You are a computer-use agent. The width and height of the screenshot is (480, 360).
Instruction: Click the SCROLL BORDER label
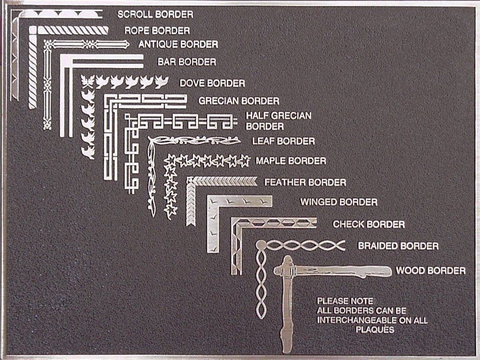click(x=155, y=15)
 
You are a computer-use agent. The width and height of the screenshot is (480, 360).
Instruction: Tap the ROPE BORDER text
click(x=157, y=31)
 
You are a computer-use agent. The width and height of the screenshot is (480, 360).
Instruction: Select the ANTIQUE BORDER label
click(x=178, y=44)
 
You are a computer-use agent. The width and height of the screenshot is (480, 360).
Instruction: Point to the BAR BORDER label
click(x=186, y=62)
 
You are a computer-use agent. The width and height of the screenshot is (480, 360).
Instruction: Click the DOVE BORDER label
click(x=212, y=83)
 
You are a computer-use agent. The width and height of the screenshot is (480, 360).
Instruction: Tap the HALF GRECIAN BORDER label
click(x=279, y=121)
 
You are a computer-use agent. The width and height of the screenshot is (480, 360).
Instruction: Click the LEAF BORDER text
click(x=283, y=141)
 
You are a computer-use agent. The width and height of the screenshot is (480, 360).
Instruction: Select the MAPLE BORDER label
click(x=291, y=161)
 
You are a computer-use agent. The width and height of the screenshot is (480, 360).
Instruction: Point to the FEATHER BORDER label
click(x=305, y=183)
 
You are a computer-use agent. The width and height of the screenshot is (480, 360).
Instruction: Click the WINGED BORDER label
click(x=338, y=202)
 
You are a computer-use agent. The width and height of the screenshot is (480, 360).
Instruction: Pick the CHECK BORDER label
click(x=368, y=224)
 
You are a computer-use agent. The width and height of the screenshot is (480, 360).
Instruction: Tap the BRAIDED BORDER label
click(x=398, y=246)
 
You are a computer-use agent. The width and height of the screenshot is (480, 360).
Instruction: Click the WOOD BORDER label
click(x=431, y=271)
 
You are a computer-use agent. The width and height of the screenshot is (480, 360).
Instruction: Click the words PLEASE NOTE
click(x=345, y=301)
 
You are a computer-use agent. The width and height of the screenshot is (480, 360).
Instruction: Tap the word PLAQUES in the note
click(x=375, y=330)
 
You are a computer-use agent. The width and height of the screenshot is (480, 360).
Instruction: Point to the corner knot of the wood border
click(x=287, y=271)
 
